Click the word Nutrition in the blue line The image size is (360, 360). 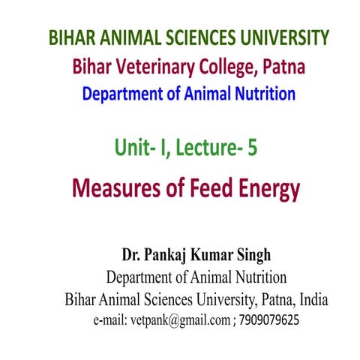[x=264, y=94]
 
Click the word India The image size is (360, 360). [x=309, y=300]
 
